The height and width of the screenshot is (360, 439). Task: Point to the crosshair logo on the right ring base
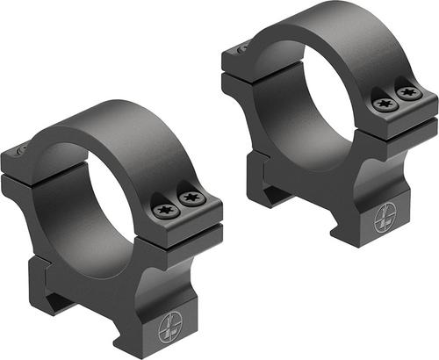tap(386, 220)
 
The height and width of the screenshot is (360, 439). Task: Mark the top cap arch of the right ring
tap(342, 26)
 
